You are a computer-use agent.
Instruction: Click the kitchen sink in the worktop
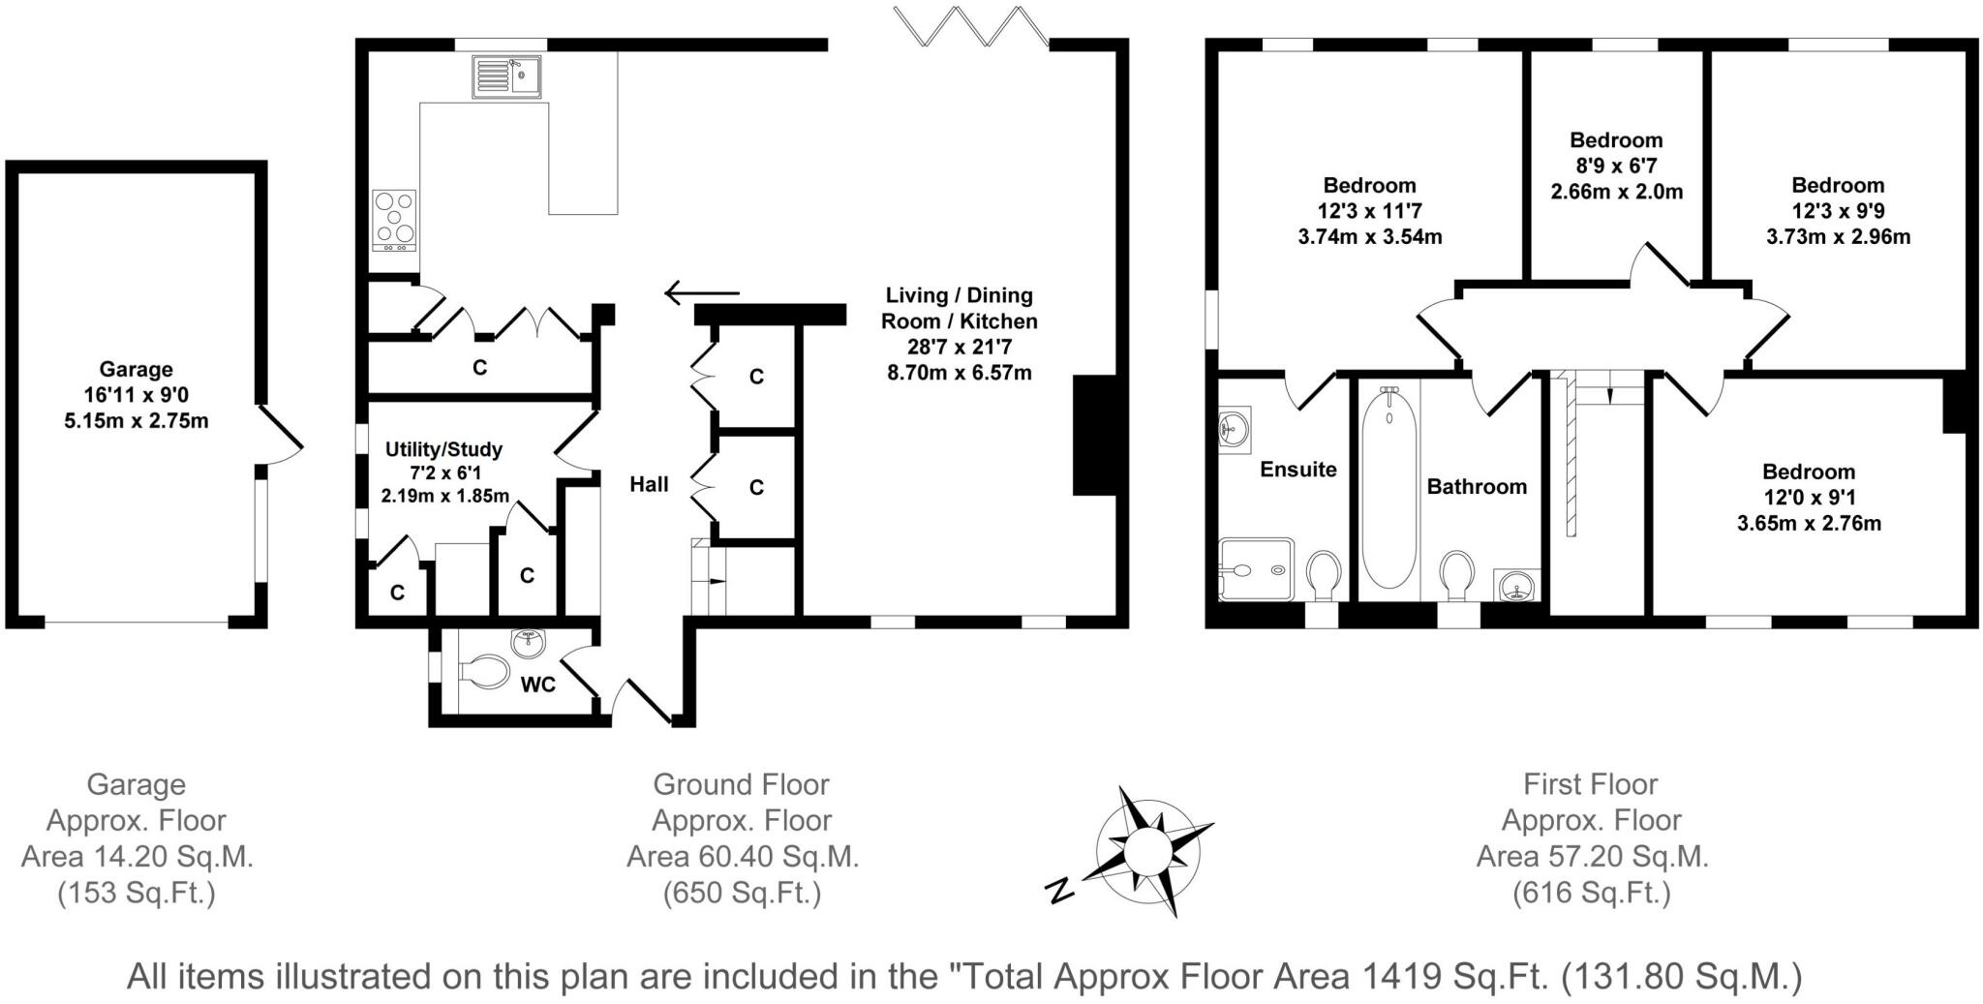(x=506, y=76)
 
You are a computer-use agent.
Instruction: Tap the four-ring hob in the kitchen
(x=394, y=220)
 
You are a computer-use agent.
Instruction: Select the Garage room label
(x=137, y=369)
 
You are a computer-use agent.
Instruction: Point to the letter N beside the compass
(x=1061, y=889)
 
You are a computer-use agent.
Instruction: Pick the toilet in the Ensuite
(x=1323, y=575)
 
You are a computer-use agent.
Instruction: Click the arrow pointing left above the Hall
(x=702, y=292)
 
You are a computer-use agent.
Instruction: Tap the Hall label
(x=649, y=484)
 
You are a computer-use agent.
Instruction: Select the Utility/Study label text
(x=443, y=449)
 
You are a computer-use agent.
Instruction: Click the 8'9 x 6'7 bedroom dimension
(x=1616, y=166)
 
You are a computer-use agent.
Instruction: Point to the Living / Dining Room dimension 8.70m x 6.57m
(x=960, y=372)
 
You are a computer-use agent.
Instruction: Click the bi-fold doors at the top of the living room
(x=970, y=25)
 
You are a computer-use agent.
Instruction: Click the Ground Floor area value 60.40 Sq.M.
(x=742, y=857)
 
